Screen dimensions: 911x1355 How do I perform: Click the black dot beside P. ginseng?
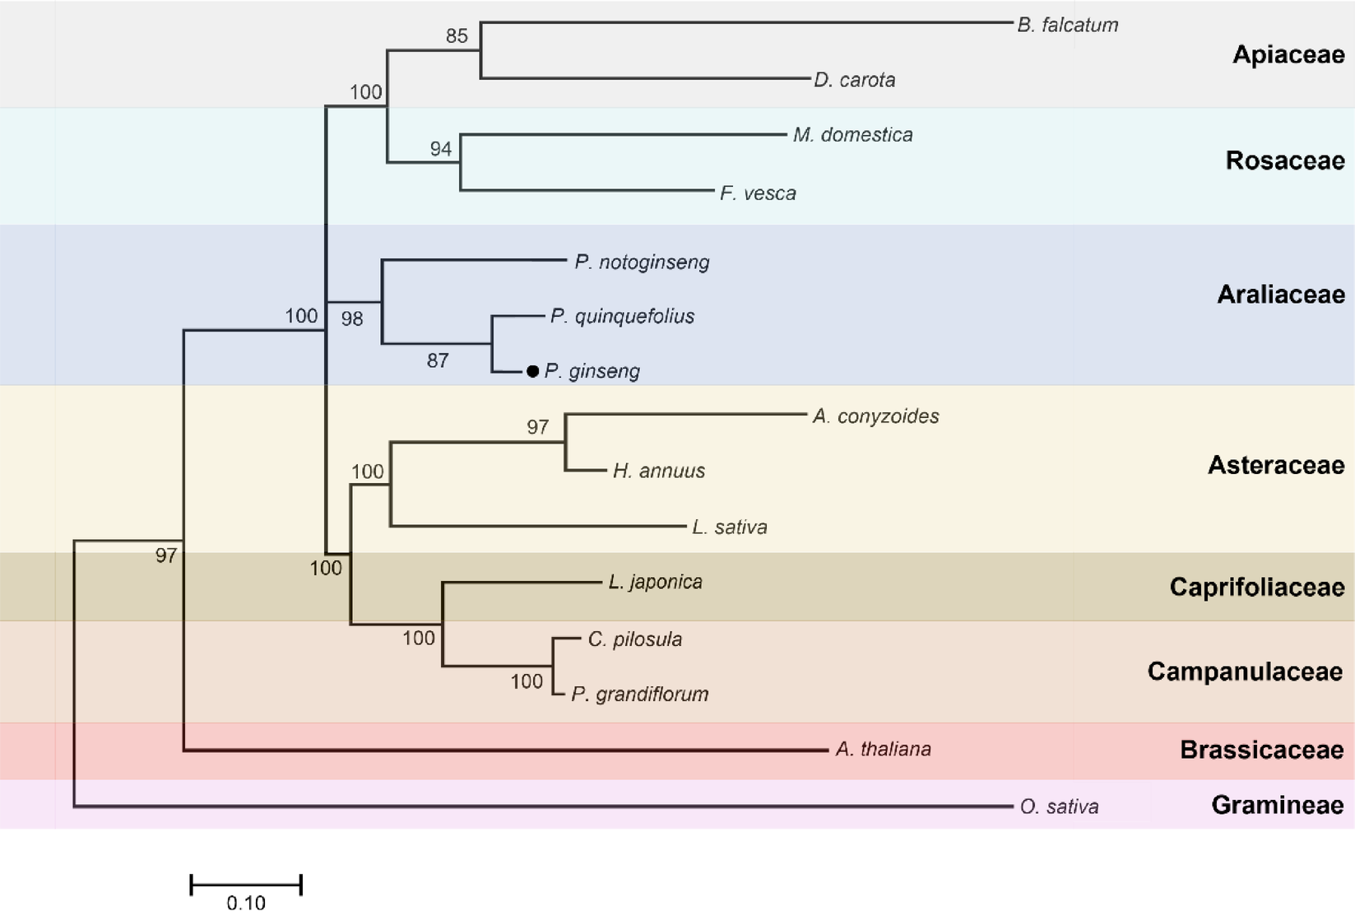click(x=533, y=372)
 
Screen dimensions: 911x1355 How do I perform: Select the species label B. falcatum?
click(x=1067, y=26)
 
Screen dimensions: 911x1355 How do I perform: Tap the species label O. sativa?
click(x=1059, y=807)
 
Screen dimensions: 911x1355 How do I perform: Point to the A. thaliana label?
click(x=883, y=750)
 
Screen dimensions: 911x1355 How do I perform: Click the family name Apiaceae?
click(x=1288, y=55)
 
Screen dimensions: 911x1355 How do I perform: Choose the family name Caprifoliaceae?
click(x=1256, y=588)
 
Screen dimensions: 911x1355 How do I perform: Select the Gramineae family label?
click(x=1277, y=805)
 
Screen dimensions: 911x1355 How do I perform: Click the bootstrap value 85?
click(x=457, y=36)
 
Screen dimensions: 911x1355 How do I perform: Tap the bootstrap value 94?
click(x=441, y=149)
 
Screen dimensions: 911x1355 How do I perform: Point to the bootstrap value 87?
click(x=438, y=360)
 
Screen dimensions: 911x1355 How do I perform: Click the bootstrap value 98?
click(x=352, y=319)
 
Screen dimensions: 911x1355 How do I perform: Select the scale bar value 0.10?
click(x=246, y=903)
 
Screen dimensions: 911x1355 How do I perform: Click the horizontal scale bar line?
click(x=246, y=885)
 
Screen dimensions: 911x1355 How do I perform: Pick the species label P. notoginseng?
click(x=642, y=263)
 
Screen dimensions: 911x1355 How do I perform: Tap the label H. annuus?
click(x=658, y=471)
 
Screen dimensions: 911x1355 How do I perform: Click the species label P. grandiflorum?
click(x=639, y=695)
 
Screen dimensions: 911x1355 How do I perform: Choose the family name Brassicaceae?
click(x=1261, y=750)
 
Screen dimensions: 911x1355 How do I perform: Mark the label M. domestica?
click(x=852, y=135)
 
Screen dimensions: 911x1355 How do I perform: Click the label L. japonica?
click(x=655, y=583)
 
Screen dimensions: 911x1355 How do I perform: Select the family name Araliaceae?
click(x=1280, y=295)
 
